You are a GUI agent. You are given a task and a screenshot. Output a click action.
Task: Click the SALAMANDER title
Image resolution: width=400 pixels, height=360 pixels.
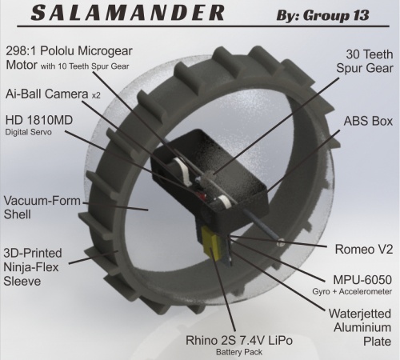pyautogui.click(x=127, y=13)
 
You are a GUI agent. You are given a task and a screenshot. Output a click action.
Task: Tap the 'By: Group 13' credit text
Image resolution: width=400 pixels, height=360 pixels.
pyautogui.click(x=322, y=15)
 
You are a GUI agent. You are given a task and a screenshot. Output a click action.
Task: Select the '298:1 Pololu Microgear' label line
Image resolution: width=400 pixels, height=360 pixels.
pyautogui.click(x=69, y=51)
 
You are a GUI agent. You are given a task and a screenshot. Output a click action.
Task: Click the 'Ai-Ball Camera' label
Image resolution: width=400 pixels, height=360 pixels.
pyautogui.click(x=47, y=94)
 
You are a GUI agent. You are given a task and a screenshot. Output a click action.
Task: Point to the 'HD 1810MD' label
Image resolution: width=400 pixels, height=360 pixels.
pyautogui.click(x=39, y=120)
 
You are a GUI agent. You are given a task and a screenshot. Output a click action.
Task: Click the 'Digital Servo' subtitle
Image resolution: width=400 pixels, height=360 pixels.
pyautogui.click(x=28, y=132)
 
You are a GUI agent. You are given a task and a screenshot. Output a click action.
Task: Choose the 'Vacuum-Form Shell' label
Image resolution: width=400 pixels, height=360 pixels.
pyautogui.click(x=42, y=207)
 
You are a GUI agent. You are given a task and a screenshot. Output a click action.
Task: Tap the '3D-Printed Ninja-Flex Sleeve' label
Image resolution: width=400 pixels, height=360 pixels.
pyautogui.click(x=33, y=267)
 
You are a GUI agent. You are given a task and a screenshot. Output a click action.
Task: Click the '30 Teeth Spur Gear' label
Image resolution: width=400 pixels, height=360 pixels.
pyautogui.click(x=365, y=61)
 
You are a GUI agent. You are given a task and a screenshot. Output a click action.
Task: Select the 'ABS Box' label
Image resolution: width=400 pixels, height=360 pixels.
pyautogui.click(x=368, y=121)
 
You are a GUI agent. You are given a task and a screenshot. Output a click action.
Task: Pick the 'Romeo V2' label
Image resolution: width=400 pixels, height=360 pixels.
pyautogui.click(x=364, y=250)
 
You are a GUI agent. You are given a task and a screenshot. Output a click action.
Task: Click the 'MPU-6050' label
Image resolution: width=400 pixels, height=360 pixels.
pyautogui.click(x=362, y=280)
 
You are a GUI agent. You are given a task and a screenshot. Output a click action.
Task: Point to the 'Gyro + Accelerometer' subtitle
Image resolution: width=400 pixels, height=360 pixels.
pyautogui.click(x=352, y=292)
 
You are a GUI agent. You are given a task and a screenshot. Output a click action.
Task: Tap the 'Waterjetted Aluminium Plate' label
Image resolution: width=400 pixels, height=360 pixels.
pyautogui.click(x=360, y=327)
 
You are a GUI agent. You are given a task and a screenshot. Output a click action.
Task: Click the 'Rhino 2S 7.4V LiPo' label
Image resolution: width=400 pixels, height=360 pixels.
pyautogui.click(x=239, y=341)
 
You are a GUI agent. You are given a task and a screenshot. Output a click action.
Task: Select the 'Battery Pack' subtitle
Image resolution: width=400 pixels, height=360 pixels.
pyautogui.click(x=239, y=352)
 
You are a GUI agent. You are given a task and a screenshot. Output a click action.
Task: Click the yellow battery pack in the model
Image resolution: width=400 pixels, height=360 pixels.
pyautogui.click(x=211, y=242)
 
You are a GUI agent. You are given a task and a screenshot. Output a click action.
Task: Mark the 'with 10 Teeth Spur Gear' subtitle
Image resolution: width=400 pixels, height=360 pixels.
pyautogui.click(x=85, y=66)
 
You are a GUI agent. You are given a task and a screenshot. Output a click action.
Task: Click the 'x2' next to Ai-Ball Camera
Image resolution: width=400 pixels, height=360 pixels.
pyautogui.click(x=96, y=95)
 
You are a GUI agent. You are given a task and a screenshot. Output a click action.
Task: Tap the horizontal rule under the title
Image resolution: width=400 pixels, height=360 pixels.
pyautogui.click(x=203, y=26)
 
